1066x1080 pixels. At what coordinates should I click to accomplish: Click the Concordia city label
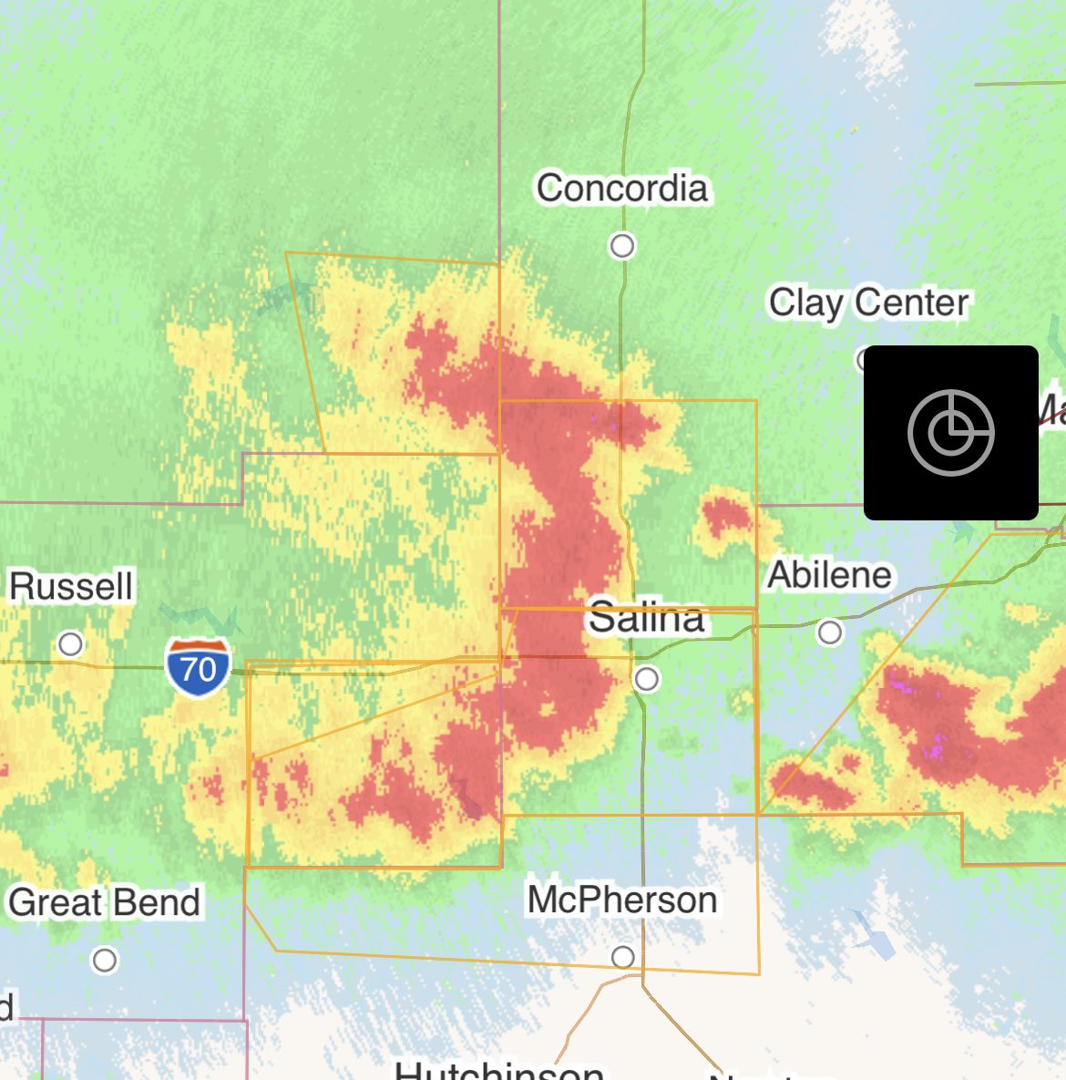click(x=621, y=189)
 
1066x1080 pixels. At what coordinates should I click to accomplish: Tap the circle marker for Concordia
click(x=622, y=246)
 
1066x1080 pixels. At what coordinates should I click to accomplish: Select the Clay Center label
click(x=868, y=303)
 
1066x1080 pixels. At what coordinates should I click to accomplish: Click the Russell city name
click(x=71, y=586)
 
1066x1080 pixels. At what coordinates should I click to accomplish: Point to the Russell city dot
click(x=70, y=644)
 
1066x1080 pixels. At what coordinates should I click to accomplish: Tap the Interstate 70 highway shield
click(x=198, y=668)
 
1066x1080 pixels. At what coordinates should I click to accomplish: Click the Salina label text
click(x=646, y=618)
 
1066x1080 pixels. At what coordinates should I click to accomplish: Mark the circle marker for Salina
click(x=646, y=679)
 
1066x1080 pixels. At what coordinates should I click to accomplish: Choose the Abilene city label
click(x=829, y=575)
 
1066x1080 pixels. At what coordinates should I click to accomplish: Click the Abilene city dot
click(x=829, y=632)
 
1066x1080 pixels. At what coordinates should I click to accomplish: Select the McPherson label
click(x=622, y=900)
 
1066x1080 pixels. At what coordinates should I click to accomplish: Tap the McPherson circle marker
click(x=623, y=957)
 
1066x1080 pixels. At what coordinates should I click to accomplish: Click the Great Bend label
click(x=104, y=903)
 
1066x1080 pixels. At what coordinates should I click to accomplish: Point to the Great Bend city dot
click(x=105, y=960)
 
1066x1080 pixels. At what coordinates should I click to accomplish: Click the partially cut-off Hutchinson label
click(x=499, y=1069)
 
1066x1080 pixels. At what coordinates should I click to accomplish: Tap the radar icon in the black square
click(x=950, y=433)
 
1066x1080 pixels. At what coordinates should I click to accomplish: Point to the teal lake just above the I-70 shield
click(x=205, y=621)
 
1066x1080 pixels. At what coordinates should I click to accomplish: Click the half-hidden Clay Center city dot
click(x=861, y=359)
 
